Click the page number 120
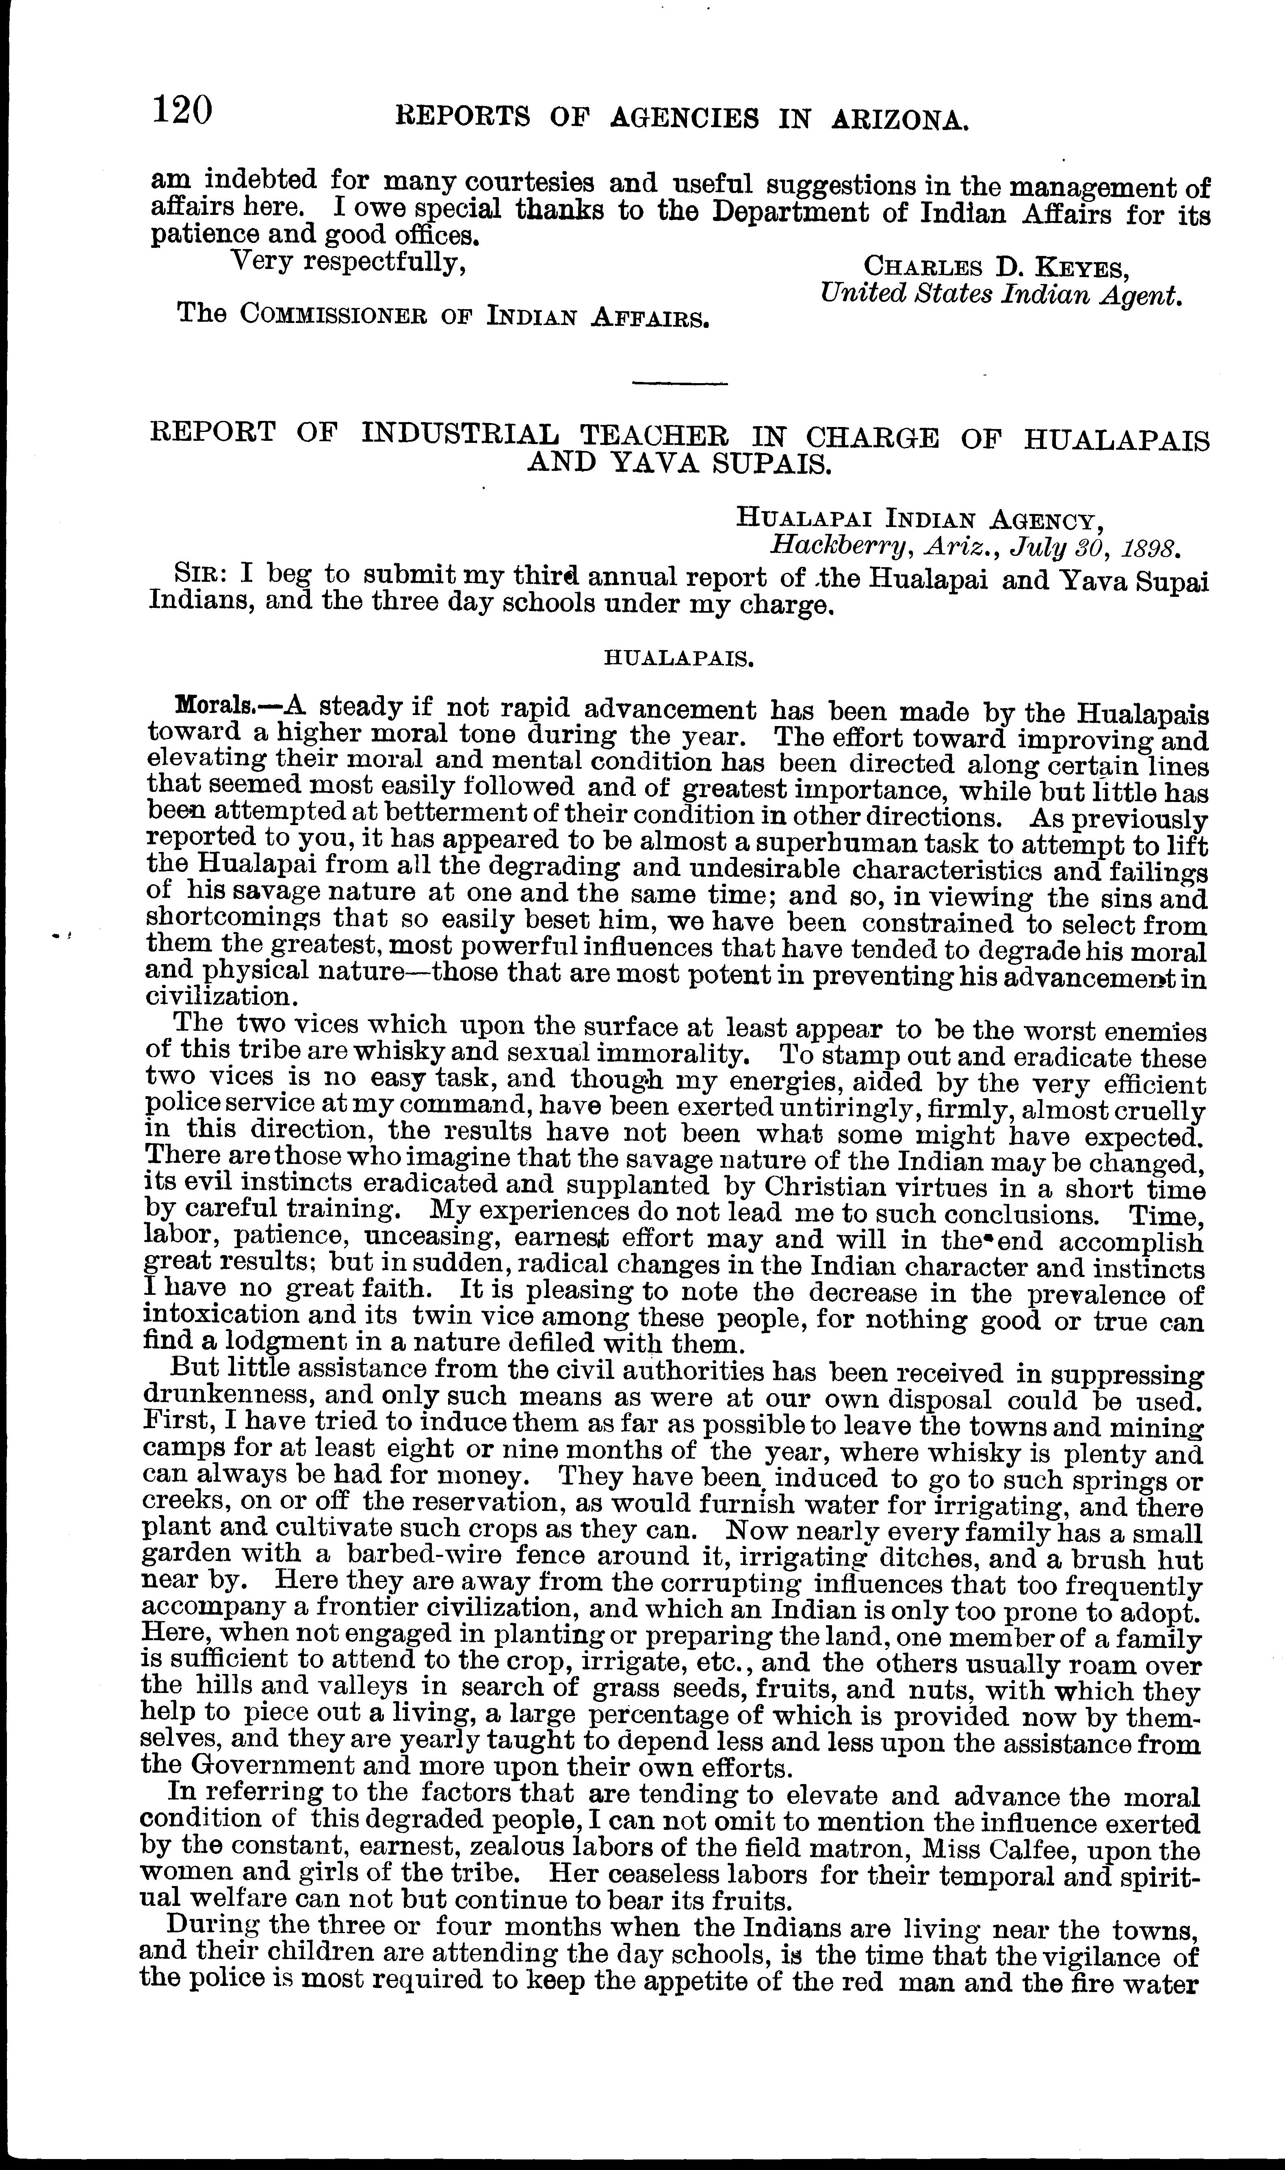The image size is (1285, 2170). (x=182, y=112)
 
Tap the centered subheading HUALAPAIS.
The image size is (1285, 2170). (x=677, y=658)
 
